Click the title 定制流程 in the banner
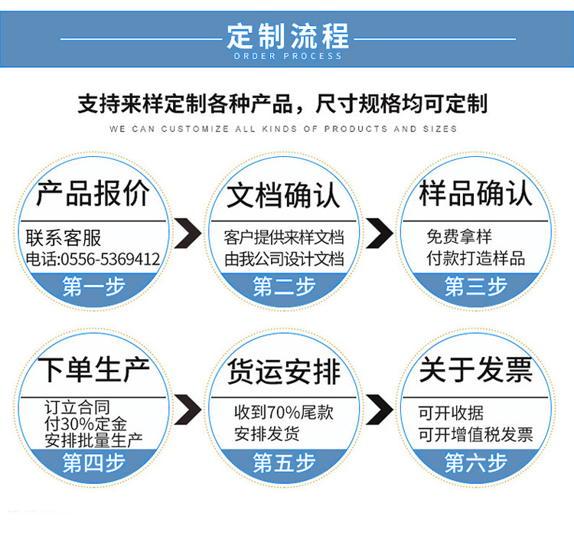pos(287,35)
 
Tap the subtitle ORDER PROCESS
pos(287,56)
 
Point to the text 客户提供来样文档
pos(283,237)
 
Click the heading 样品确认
pos(475,194)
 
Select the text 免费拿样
pos(459,237)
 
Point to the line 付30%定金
pos(86,424)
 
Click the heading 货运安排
pos(283,372)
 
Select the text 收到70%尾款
pos(283,412)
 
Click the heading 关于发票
pos(475,371)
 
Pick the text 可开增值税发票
pos(475,435)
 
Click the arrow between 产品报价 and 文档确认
pos(188,234)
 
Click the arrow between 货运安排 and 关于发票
pos(379,410)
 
